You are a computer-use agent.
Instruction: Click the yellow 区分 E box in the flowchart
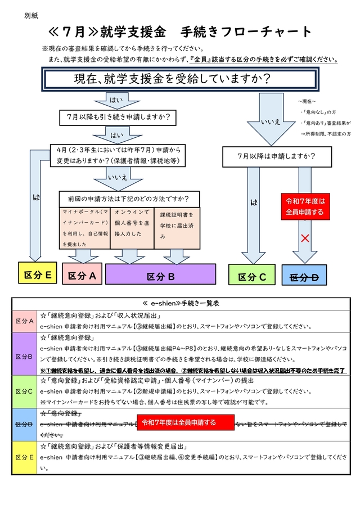[38, 274]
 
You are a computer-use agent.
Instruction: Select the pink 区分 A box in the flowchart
[82, 276]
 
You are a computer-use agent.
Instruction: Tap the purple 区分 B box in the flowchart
[160, 276]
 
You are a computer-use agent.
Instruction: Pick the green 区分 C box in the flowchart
[255, 276]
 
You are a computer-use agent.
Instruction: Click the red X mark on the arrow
[305, 238]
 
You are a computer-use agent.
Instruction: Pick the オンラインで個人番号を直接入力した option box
[132, 228]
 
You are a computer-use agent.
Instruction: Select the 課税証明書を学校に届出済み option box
[177, 228]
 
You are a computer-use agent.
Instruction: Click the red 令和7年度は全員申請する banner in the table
[185, 422]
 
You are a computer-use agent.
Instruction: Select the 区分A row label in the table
[24, 321]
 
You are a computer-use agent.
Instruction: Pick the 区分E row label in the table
[24, 457]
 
